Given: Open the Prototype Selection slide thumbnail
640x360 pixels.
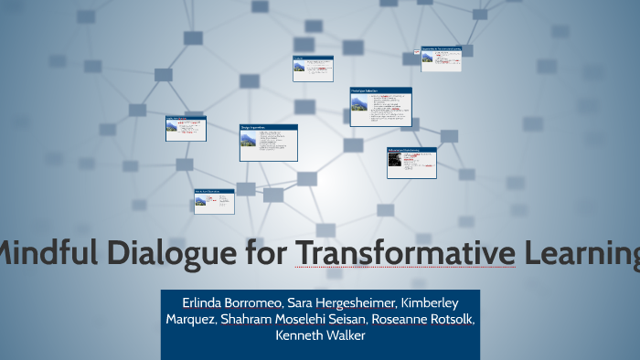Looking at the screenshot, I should pyautogui.click(x=380, y=107).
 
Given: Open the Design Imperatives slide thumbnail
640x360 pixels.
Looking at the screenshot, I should pyautogui.click(x=269, y=143).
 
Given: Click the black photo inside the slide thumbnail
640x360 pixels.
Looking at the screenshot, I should pyautogui.click(x=395, y=160).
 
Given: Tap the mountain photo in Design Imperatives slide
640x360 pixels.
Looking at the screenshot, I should pyautogui.click(x=249, y=140).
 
